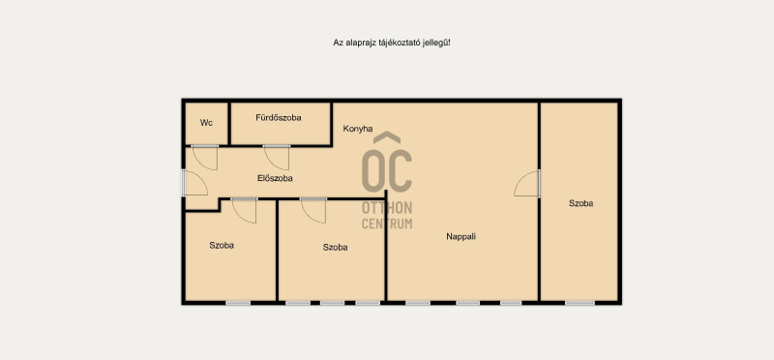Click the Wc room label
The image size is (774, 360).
click(206, 123)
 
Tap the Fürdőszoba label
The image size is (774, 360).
click(279, 117)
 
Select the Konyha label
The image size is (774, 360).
click(358, 129)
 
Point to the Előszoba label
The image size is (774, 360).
click(275, 178)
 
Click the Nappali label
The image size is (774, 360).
click(461, 236)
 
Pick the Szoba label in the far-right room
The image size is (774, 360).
click(581, 203)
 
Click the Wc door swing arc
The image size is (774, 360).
click(205, 159)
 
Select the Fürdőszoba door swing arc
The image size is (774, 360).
click(278, 159)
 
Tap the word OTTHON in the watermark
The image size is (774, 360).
click(387, 208)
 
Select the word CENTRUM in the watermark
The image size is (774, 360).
click(387, 224)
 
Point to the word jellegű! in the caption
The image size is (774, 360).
click(436, 43)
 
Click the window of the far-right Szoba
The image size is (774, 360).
click(580, 302)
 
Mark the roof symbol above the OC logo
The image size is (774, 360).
click(387, 137)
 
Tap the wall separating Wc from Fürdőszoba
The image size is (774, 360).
click(229, 124)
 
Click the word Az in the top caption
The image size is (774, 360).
click(338, 43)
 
